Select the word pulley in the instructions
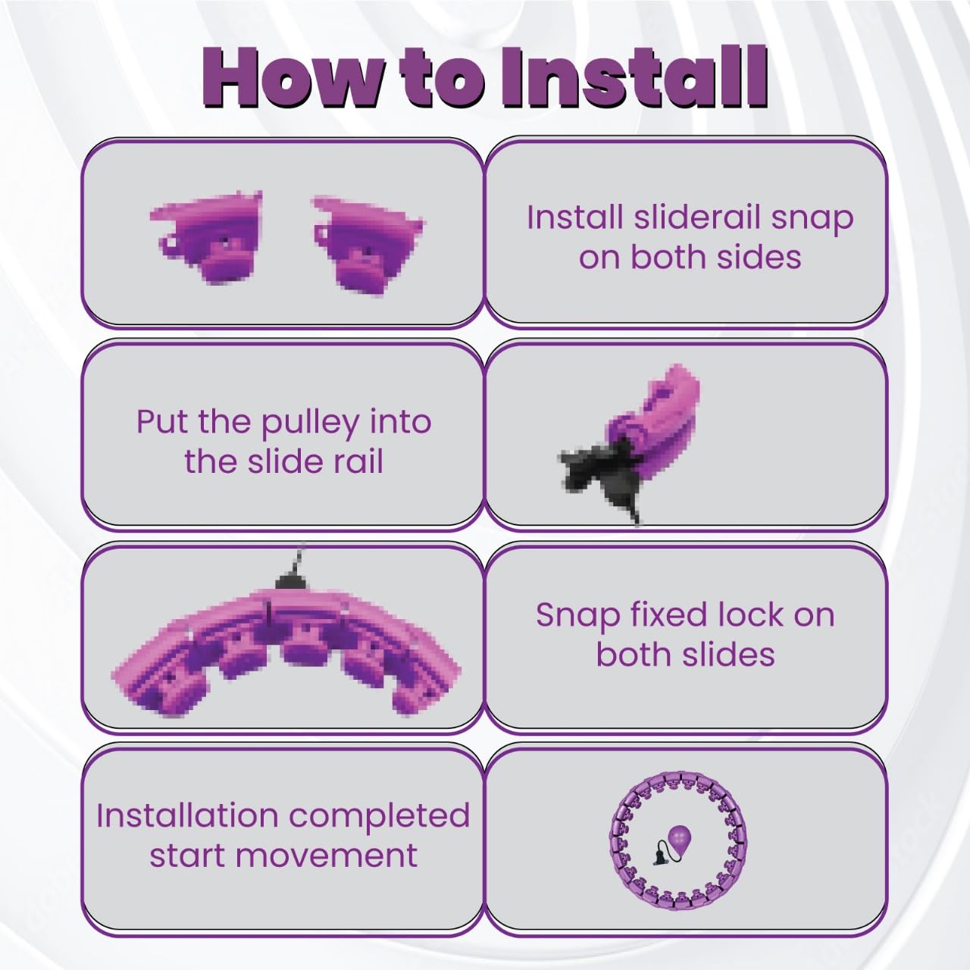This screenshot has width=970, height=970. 309,424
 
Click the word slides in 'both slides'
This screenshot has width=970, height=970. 731,655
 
